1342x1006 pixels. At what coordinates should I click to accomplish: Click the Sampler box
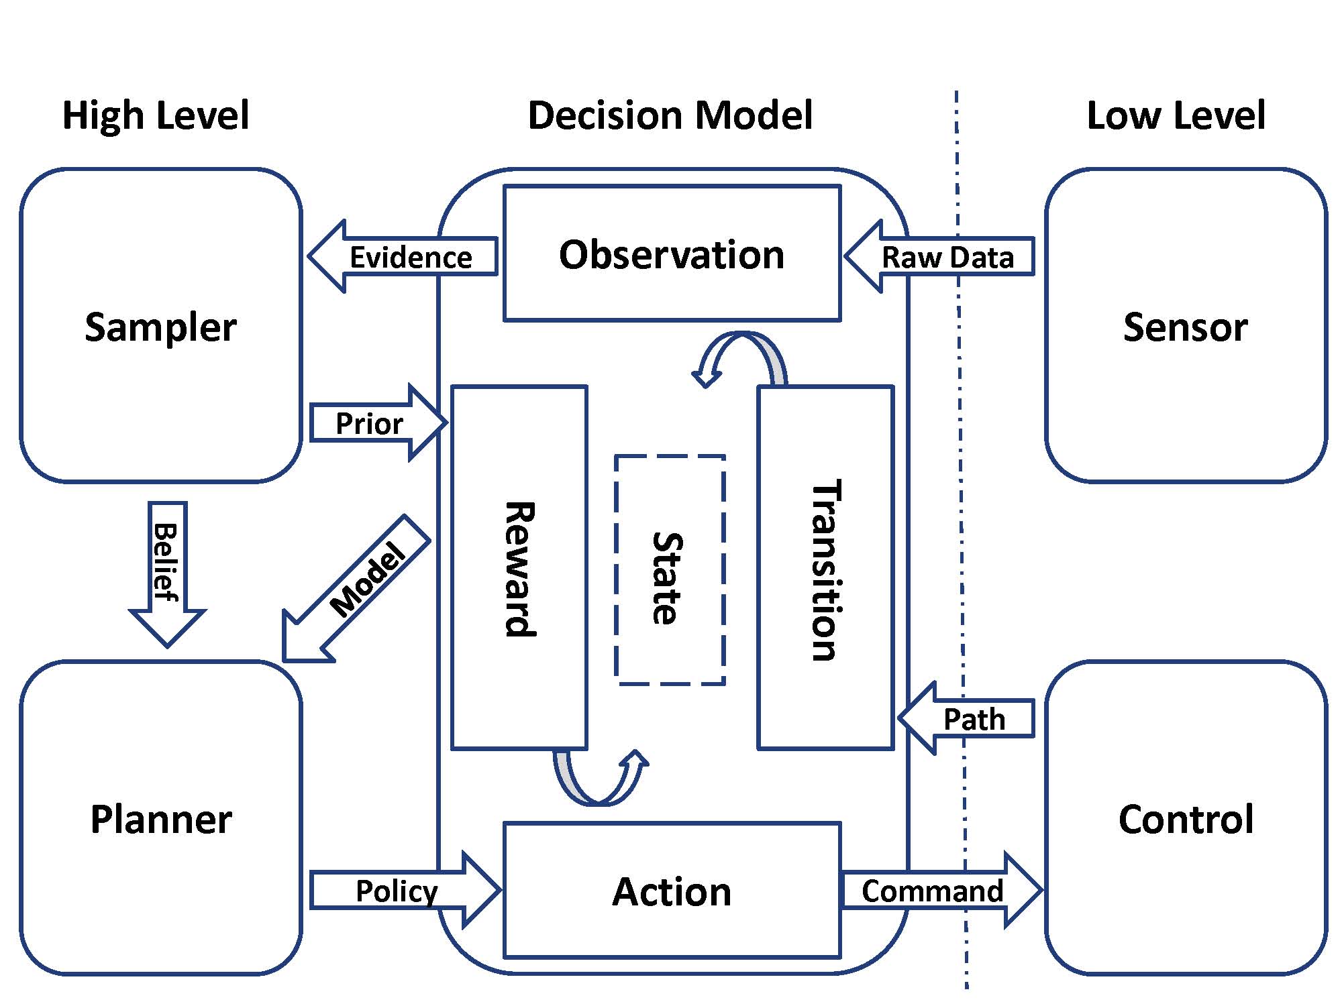click(x=161, y=326)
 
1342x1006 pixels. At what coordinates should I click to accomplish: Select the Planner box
click(x=161, y=818)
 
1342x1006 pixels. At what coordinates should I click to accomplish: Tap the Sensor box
click(x=1186, y=326)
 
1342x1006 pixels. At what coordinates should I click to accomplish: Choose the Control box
click(x=1186, y=818)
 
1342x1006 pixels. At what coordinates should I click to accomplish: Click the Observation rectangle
click(x=672, y=254)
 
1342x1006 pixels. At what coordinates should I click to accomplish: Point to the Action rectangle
click(x=672, y=891)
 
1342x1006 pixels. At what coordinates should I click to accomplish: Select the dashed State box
click(x=670, y=570)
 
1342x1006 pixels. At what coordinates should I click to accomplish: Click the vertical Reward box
click(x=519, y=567)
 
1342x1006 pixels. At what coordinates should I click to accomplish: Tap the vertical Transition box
click(x=825, y=567)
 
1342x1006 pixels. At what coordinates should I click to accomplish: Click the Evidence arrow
click(x=409, y=257)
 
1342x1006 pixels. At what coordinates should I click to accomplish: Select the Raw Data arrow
click(x=946, y=257)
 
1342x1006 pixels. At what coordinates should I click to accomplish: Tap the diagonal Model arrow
click(x=362, y=583)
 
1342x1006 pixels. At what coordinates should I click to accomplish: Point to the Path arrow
click(x=973, y=719)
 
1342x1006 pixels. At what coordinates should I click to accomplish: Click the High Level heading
click(x=156, y=115)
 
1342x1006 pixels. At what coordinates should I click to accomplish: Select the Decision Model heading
click(x=670, y=115)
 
